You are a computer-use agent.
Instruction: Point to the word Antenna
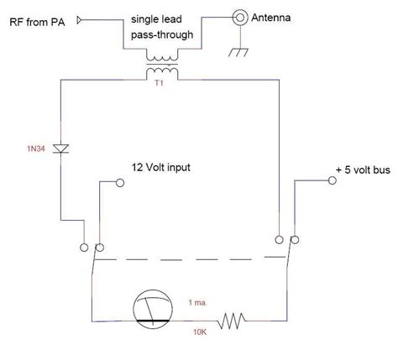277,15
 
